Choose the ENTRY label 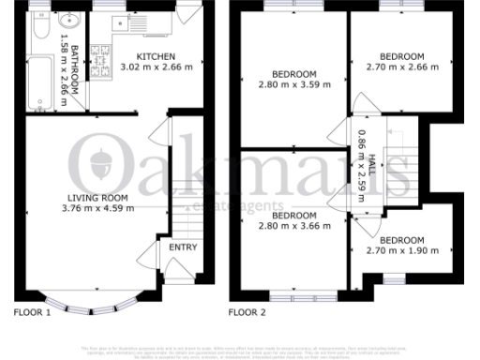(x=182, y=247)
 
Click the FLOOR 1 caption (x=33, y=310)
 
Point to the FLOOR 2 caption (x=247, y=310)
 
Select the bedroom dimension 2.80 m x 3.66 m (x=292, y=226)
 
